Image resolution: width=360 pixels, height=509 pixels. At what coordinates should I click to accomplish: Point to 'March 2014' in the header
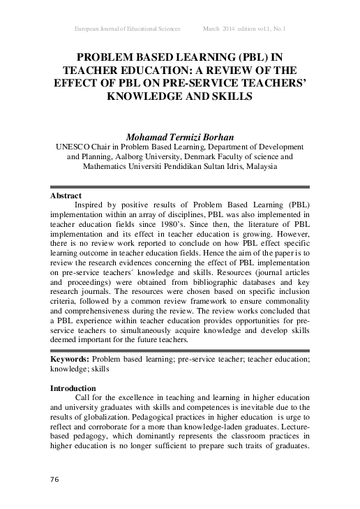[219, 28]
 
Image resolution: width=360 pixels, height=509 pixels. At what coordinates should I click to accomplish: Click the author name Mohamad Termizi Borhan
[180, 136]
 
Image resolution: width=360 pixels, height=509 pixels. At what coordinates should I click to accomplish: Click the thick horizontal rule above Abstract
[180, 187]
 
